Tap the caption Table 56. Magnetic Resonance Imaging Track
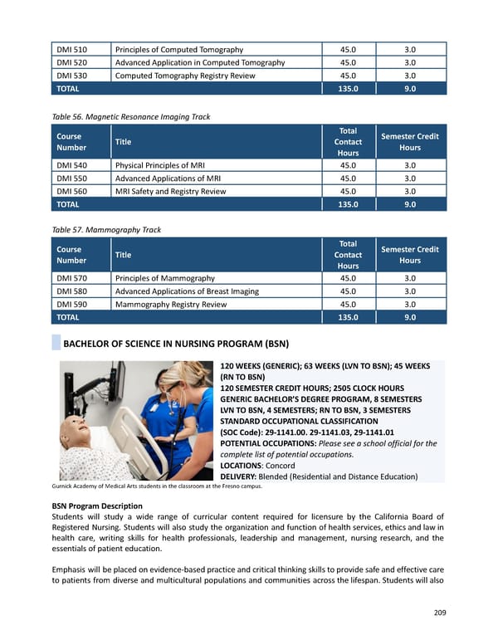(x=130, y=116)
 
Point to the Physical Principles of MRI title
(x=159, y=164)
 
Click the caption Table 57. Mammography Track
(x=105, y=229)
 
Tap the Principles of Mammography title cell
(x=164, y=277)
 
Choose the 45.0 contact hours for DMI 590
(x=348, y=304)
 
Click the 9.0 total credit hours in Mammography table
(x=410, y=317)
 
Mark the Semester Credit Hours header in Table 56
(x=410, y=142)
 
